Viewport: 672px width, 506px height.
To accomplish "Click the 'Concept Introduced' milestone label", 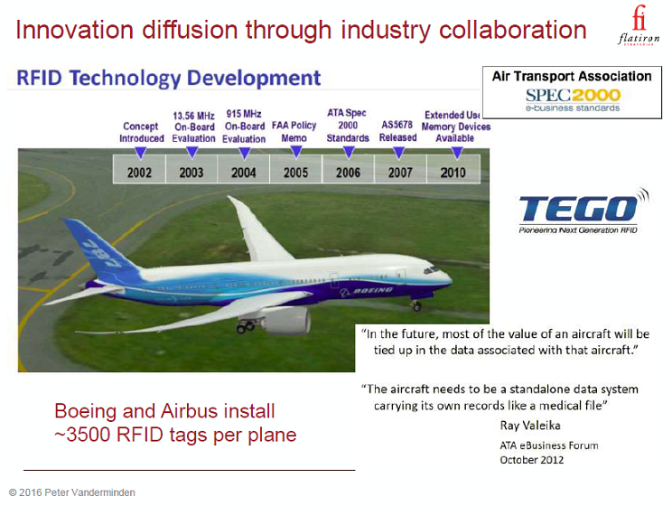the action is (x=142, y=132).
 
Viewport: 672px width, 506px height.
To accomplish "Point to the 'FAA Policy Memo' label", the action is (x=294, y=132).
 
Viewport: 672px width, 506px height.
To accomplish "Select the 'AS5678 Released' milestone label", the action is (x=397, y=131).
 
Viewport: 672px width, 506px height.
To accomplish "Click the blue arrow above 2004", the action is (x=244, y=153).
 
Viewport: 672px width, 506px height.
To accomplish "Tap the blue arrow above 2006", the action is (x=349, y=152).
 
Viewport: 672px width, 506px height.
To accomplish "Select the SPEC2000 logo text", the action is (x=573, y=95).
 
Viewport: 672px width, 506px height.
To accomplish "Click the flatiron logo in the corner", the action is (x=639, y=25).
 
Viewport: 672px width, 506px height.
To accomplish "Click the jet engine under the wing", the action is (x=286, y=321).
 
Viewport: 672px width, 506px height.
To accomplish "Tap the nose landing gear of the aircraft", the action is (x=415, y=305).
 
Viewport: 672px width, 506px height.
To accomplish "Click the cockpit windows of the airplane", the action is (x=431, y=270).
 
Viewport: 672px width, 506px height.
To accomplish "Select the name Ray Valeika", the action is (x=530, y=426).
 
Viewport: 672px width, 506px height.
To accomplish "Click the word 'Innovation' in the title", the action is (x=75, y=30).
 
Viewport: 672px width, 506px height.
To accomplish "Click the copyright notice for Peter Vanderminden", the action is (x=72, y=492).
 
